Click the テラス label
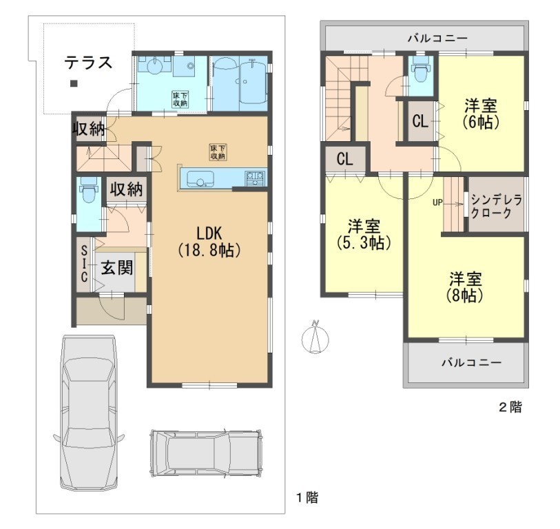[x=88, y=63]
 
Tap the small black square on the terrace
[x=74, y=84]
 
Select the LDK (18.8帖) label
[x=209, y=242]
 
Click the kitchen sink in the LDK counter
[x=200, y=178]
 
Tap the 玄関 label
[x=117, y=267]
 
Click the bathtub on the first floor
[x=253, y=82]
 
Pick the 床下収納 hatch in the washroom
[x=180, y=100]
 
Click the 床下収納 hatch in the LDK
[x=218, y=152]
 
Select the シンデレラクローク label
[x=497, y=207]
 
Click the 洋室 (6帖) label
[x=481, y=114]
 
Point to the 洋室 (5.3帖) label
[x=364, y=234]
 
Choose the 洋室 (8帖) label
[x=466, y=287]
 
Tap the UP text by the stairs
[x=437, y=203]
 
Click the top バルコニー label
[x=437, y=38]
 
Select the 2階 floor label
[x=510, y=407]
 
